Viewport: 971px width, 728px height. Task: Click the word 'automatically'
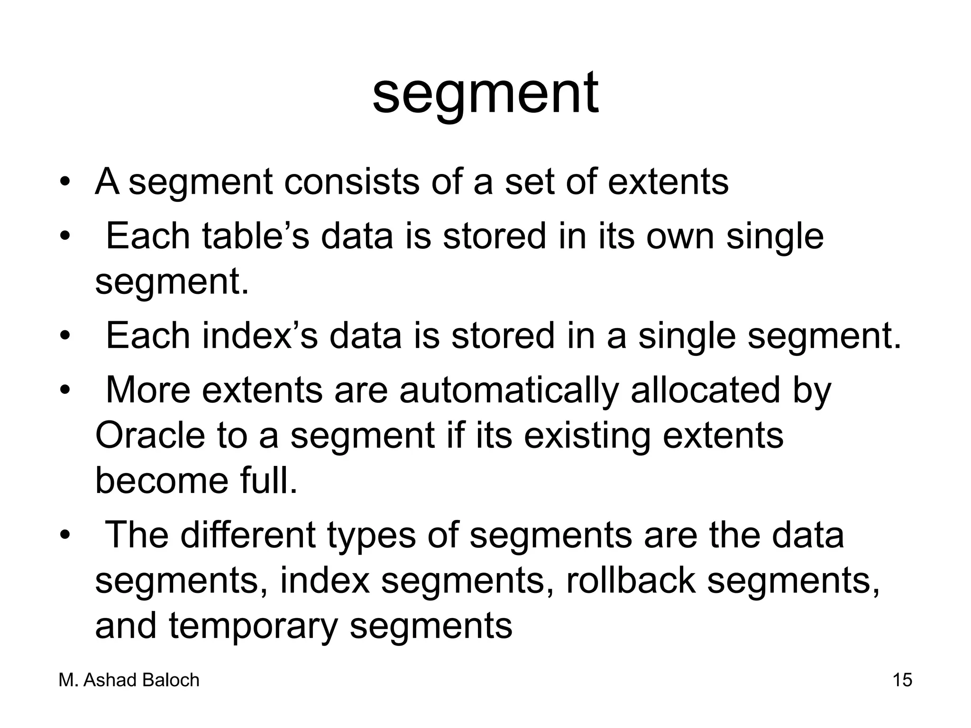(509, 391)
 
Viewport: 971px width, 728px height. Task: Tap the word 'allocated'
(705, 390)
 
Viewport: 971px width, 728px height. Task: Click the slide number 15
(902, 680)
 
